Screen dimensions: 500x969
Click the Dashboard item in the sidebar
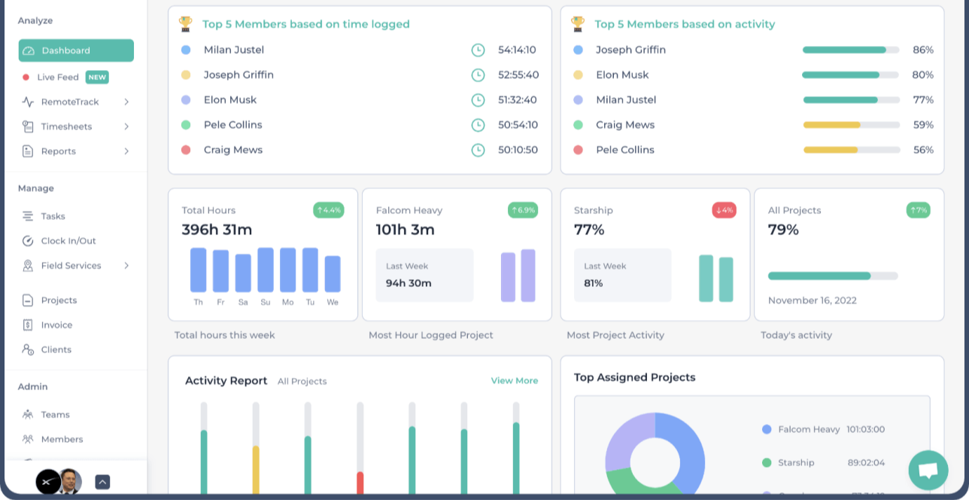[76, 50]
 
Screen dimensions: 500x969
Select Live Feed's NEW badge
[97, 77]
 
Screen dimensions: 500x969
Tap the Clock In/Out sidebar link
[68, 241]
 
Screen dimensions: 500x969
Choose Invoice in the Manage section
[56, 325]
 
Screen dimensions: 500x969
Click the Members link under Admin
[62, 439]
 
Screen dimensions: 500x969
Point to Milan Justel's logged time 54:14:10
[517, 50]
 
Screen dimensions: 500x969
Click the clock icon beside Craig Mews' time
[478, 150]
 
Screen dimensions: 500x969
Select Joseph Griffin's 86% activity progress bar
[850, 50]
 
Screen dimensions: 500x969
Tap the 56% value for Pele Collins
[923, 150]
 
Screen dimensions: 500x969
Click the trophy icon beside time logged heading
[186, 24]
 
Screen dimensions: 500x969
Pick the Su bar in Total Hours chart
[266, 270]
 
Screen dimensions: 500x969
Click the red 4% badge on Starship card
[724, 210]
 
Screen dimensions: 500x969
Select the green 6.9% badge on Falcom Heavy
[523, 210]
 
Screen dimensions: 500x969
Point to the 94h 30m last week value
[409, 283]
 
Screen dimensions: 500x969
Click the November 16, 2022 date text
[812, 300]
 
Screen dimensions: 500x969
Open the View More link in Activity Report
[514, 381]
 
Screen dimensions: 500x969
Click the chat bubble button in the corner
[928, 471]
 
